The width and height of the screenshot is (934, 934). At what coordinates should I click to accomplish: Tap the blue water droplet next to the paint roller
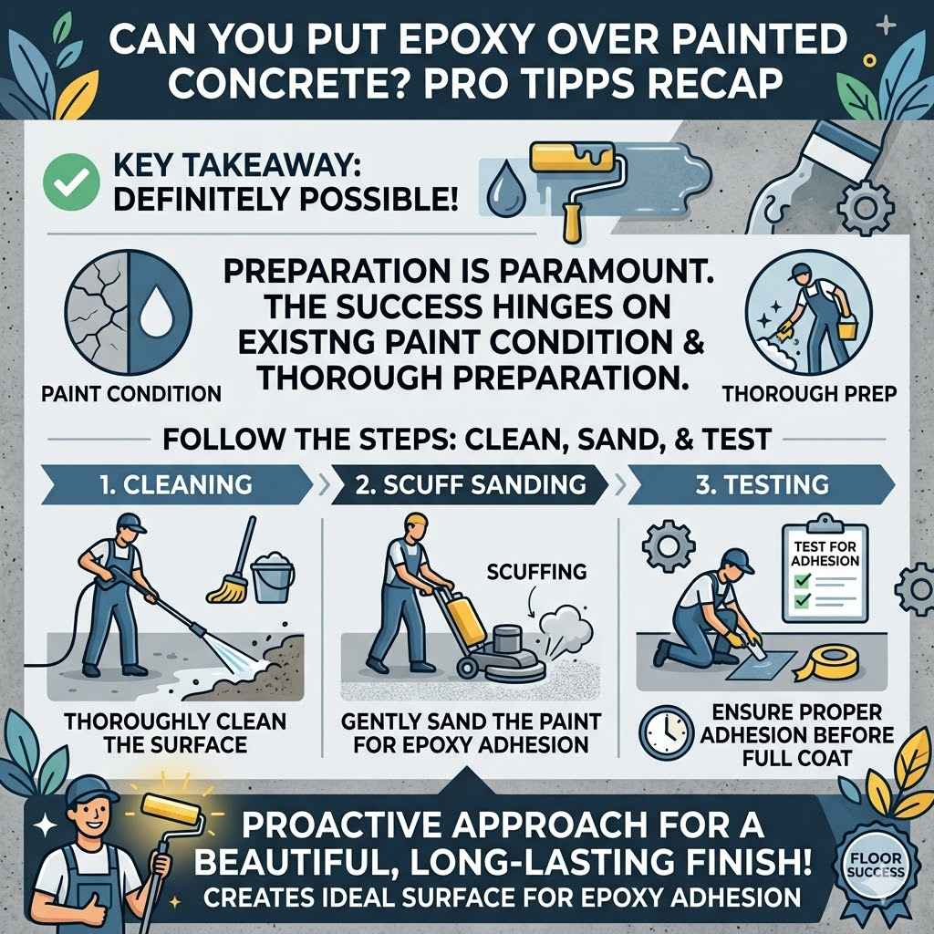[x=503, y=187]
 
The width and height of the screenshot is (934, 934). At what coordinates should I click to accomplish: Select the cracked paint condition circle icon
[x=128, y=312]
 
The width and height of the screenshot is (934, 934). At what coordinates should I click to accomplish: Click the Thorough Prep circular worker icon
[x=795, y=312]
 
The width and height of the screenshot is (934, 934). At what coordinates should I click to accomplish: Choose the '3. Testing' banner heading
[x=763, y=483]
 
